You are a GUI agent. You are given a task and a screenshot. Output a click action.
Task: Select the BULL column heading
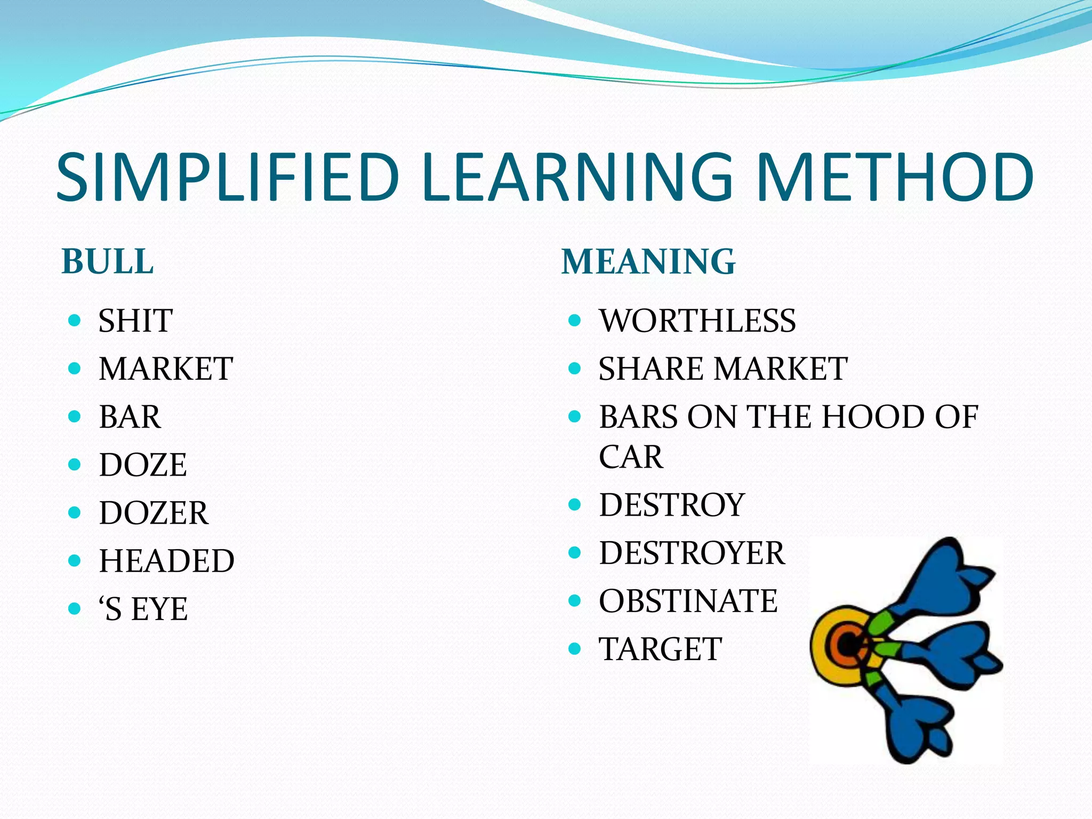pos(108,262)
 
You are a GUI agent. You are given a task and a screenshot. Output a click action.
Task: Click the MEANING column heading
pos(648,262)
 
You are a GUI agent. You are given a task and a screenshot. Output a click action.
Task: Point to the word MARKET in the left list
pos(166,368)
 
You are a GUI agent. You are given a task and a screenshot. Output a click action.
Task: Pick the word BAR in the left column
pos(130,416)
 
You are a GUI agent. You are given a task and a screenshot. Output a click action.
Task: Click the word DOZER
pos(154,512)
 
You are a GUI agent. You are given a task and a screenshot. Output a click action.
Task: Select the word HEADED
pos(166,560)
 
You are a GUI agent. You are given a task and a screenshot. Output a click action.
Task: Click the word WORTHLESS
pos(697,320)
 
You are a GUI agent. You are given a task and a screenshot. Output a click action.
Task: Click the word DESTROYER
pos(692,552)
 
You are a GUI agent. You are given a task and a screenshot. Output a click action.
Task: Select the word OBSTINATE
pos(688,601)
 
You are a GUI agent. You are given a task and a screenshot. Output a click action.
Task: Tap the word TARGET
pos(661,649)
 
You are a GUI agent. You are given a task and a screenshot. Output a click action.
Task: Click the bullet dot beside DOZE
pos(75,464)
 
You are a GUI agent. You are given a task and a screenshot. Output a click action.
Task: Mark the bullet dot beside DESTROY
pos(574,504)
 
